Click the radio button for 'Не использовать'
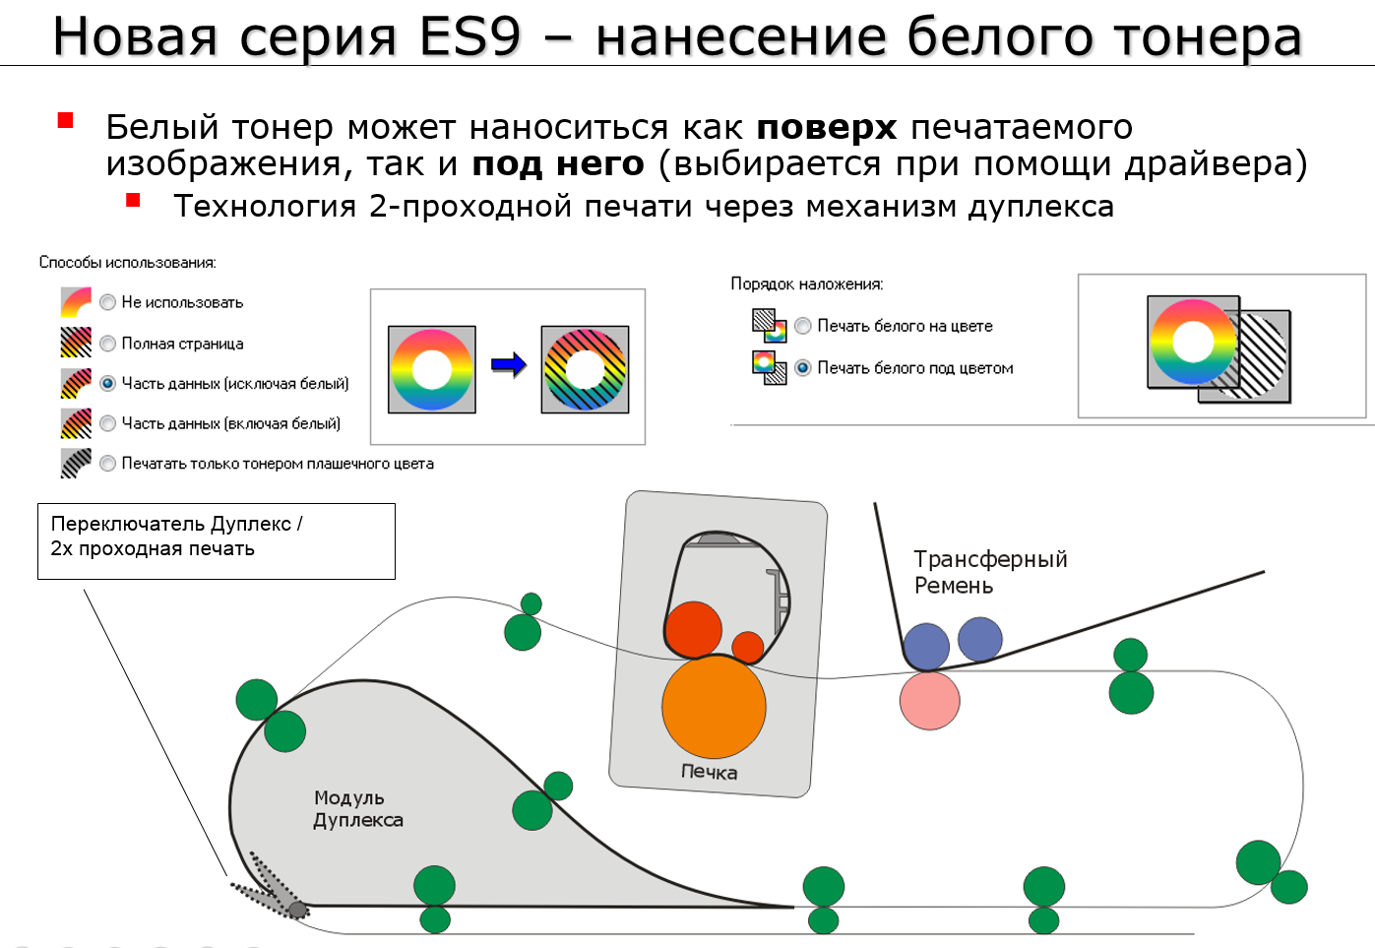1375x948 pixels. pos(107,302)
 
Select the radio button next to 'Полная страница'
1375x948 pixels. pos(107,344)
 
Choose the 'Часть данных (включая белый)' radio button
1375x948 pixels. pos(107,423)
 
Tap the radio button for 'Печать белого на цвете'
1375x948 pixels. pos(803,326)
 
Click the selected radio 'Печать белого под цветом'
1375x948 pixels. pos(803,368)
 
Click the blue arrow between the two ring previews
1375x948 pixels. pos(509,365)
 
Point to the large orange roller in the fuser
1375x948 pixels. pos(714,707)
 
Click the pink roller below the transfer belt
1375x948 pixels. pos(930,700)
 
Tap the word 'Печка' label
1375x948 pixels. pos(709,772)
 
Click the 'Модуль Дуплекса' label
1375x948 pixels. pos(358,809)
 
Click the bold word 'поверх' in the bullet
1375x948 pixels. pos(826,128)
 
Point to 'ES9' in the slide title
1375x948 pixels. pos(469,36)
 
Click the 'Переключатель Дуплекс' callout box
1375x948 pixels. pos(217,541)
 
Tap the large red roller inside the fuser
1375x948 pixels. pos(694,630)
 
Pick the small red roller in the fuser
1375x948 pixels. pos(748,647)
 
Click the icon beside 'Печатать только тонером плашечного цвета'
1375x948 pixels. pos(76,464)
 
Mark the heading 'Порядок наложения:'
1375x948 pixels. pos(806,284)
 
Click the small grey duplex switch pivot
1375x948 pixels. pos(297,910)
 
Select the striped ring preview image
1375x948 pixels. pos(585,369)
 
